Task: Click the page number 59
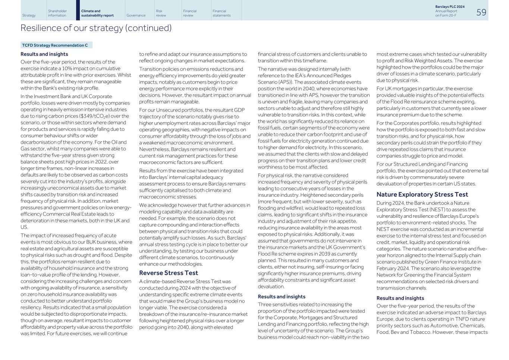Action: (481, 12)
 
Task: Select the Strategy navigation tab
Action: (29, 15)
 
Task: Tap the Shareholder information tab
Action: (57, 13)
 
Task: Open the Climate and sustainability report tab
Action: (97, 13)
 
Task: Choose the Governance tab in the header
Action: (136, 15)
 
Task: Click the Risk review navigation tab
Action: (161, 13)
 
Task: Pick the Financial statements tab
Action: (221, 13)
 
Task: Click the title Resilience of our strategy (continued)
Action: (96, 28)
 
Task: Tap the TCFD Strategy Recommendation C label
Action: (55, 45)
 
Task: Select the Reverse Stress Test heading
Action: (169, 273)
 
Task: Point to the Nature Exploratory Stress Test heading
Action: (422, 194)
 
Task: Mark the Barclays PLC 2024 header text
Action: (450, 7)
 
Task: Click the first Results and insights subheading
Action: (44, 54)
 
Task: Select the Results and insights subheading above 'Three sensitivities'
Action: (281, 297)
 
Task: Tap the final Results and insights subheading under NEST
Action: (400, 298)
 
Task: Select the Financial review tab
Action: (190, 13)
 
